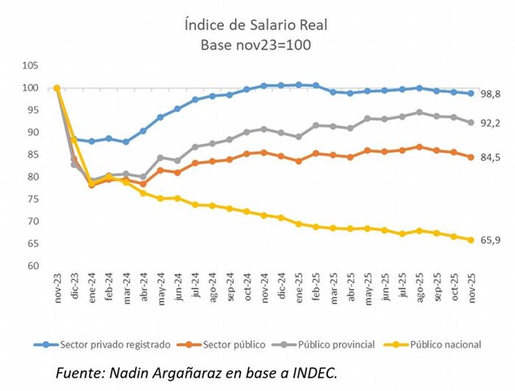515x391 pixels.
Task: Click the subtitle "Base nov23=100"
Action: point(257,45)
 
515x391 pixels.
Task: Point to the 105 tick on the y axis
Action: point(29,65)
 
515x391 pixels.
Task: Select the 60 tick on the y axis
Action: point(32,266)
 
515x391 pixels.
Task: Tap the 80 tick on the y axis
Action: point(32,177)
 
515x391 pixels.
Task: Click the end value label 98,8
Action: point(491,94)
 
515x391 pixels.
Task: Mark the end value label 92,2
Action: point(491,123)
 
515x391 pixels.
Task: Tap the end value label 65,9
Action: point(491,240)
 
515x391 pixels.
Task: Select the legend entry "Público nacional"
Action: point(445,344)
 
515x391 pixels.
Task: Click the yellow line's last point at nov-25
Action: point(471,240)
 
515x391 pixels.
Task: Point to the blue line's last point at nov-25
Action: point(471,93)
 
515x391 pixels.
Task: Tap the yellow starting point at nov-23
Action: point(57,88)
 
